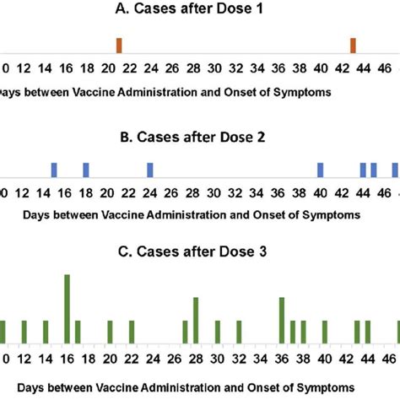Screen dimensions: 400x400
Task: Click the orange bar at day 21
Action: pyautogui.click(x=119, y=46)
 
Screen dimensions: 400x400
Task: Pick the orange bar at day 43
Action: pyautogui.click(x=353, y=46)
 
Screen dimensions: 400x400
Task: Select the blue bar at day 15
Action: pyautogui.click(x=53, y=170)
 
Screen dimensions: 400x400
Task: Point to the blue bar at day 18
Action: pyautogui.click(x=86, y=170)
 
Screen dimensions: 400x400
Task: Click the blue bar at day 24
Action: pyautogui.click(x=149, y=170)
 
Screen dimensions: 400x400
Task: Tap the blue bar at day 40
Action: pyautogui.click(x=320, y=170)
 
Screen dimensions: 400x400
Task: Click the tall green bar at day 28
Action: pyautogui.click(x=196, y=320)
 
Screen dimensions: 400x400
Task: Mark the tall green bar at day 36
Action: pyautogui.click(x=282, y=320)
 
